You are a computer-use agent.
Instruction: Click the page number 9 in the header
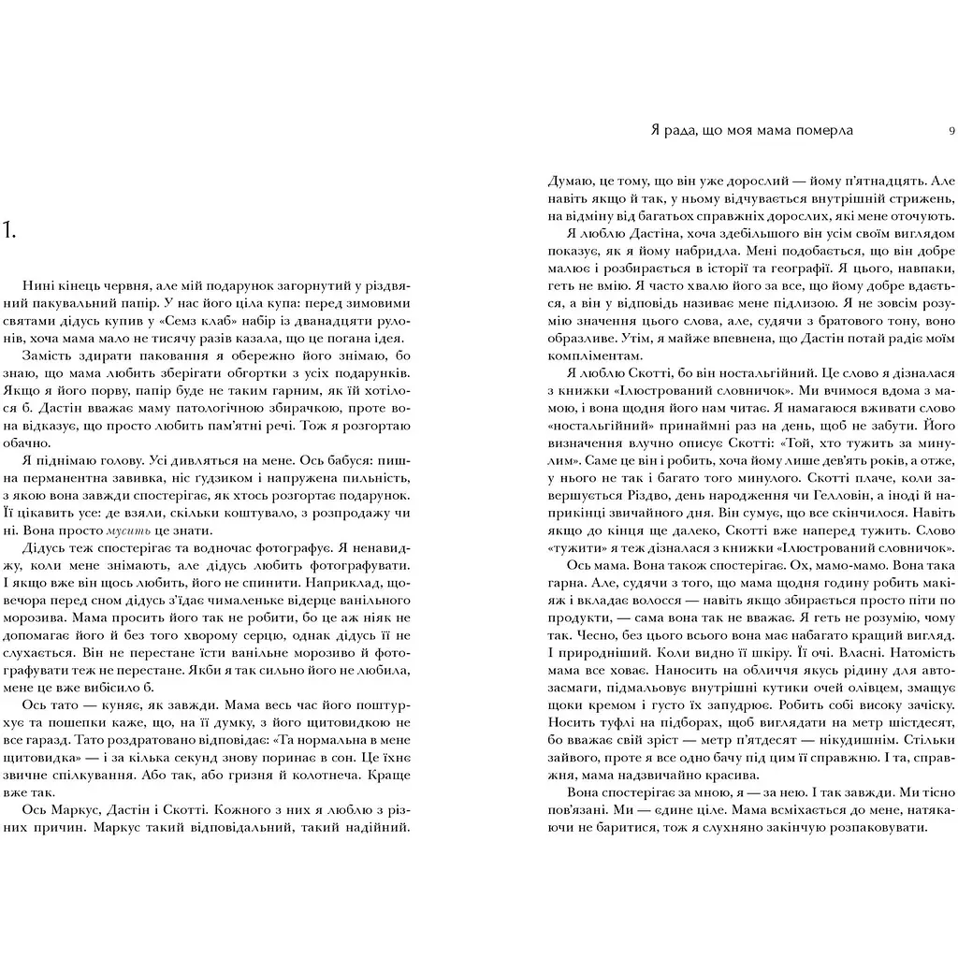(x=951, y=131)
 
